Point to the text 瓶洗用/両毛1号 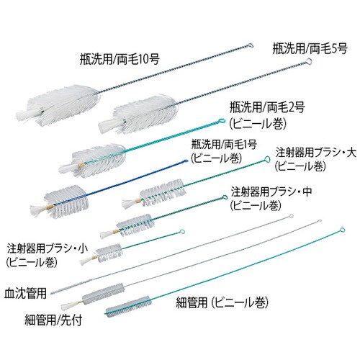pyautogui.click(x=222, y=144)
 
